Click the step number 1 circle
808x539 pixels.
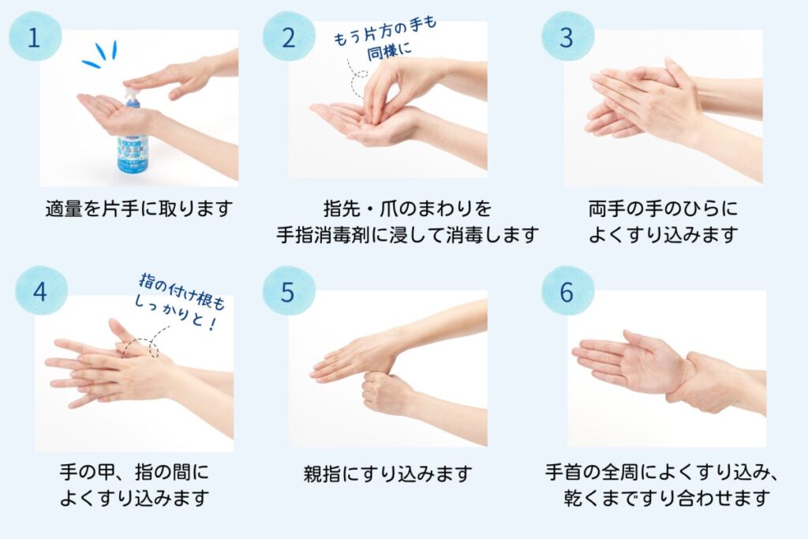point(35,36)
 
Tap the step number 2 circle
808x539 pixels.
point(289,36)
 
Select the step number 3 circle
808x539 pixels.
point(567,36)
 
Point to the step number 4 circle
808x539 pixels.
point(41,291)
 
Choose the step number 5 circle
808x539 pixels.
point(289,291)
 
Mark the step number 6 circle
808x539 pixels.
point(567,291)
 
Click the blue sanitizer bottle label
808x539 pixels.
point(133,152)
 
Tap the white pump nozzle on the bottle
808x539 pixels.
point(131,93)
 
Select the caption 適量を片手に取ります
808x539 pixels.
point(139,208)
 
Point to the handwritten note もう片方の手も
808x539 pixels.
point(384,31)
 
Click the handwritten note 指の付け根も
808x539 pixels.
point(181,291)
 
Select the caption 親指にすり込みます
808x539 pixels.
point(387,473)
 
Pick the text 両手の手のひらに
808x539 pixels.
point(663,208)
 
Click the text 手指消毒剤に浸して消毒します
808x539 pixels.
point(407,235)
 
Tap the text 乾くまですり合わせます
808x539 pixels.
point(666,498)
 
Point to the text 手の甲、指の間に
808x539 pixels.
point(134,472)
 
